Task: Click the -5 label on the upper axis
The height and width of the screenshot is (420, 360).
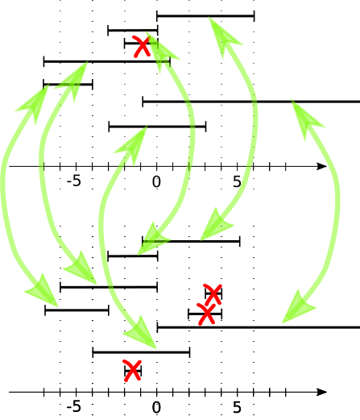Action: tap(74, 181)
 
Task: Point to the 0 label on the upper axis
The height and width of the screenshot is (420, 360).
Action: tap(156, 181)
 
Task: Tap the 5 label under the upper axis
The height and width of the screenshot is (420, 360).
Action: tap(237, 181)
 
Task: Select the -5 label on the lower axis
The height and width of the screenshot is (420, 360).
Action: tap(74, 407)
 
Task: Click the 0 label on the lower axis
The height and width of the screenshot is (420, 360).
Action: tap(156, 407)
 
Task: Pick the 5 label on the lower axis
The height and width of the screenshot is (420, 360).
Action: tap(237, 407)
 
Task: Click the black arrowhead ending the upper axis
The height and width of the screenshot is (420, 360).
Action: tap(321, 166)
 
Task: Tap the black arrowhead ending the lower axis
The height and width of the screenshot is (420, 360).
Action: tap(321, 392)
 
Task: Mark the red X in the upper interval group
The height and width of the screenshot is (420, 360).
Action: tap(142, 46)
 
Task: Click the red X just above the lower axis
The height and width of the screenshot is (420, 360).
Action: tap(132, 371)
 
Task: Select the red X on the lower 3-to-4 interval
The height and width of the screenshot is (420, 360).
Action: tap(213, 294)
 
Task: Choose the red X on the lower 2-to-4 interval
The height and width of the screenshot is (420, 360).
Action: tap(206, 314)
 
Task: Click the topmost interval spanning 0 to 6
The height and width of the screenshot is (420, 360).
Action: tap(205, 16)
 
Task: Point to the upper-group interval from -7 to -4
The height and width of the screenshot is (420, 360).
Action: tap(68, 85)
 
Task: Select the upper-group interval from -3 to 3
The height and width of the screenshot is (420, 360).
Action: tap(157, 127)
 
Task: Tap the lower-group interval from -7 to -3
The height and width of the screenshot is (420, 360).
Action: tap(77, 310)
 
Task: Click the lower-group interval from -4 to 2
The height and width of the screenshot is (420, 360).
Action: tap(141, 352)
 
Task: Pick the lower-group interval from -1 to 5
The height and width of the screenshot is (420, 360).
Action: tap(191, 241)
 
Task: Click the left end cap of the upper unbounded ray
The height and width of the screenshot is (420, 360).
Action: tap(143, 102)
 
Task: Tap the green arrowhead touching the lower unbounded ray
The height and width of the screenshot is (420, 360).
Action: tap(298, 307)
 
